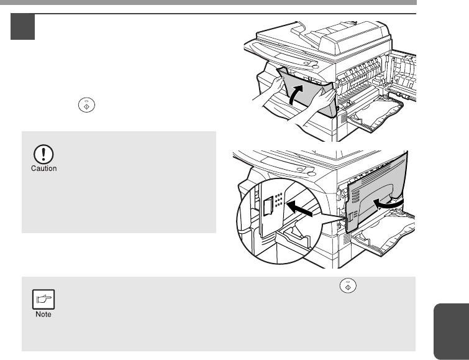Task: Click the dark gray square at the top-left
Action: pos(23,27)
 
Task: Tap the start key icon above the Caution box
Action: pos(86,105)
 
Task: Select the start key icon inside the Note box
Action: pos(348,285)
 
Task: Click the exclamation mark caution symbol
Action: pos(43,154)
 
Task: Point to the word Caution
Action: pos(43,168)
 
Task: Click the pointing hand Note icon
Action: pos(43,299)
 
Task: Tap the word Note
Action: pos(43,314)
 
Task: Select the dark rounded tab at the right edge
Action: pos(451,331)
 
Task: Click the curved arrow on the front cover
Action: pos(296,95)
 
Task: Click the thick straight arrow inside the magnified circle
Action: pos(299,208)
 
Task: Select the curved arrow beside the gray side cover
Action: pos(388,203)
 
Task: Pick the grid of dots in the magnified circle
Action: pos(278,200)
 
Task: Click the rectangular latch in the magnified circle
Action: pos(268,206)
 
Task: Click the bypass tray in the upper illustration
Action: pos(375,114)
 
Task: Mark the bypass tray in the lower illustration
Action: pos(383,232)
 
